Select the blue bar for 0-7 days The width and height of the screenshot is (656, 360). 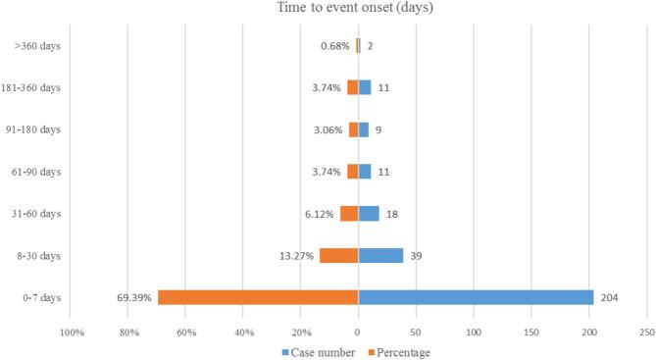click(476, 297)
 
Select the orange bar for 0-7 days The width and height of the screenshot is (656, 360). click(258, 297)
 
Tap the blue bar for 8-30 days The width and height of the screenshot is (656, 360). click(380, 255)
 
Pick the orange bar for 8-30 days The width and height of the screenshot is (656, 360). click(338, 255)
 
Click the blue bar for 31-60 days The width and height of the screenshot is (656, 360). click(369, 213)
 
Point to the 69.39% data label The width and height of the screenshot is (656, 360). click(134, 297)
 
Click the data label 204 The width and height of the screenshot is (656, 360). click(610, 297)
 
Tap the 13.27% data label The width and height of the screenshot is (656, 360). click(296, 255)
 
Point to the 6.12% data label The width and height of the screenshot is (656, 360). click(320, 213)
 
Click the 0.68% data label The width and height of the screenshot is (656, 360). click(335, 45)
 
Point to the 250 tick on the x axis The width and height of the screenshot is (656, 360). click(647, 332)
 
